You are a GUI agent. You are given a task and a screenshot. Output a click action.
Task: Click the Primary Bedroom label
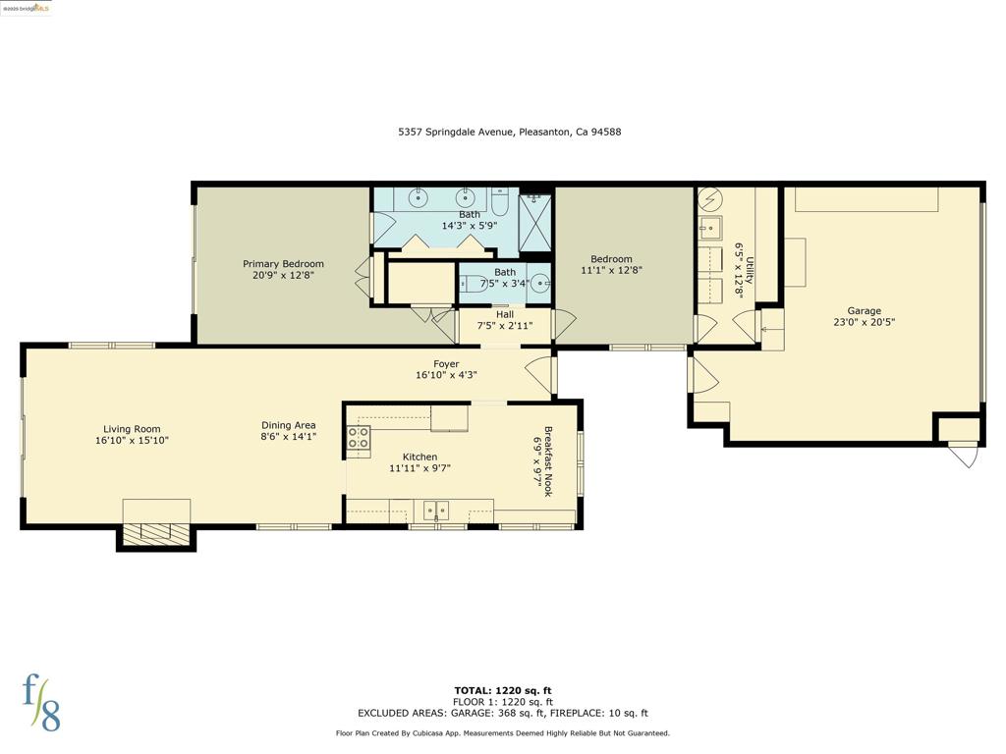(283, 263)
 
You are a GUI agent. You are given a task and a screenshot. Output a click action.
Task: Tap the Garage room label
(864, 311)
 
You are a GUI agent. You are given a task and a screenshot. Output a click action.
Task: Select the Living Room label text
(133, 429)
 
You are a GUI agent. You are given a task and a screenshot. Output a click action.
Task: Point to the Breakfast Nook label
(548, 461)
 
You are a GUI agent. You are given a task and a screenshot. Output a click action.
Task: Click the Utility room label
(750, 270)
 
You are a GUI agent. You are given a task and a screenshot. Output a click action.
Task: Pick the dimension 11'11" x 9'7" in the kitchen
(419, 468)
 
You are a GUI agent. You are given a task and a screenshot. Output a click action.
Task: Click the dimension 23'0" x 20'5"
(864, 322)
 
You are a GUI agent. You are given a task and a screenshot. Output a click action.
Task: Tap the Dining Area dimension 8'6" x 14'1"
(288, 437)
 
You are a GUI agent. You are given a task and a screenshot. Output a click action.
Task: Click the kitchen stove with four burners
(359, 440)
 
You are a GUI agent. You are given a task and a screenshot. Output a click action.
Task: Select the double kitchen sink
(435, 511)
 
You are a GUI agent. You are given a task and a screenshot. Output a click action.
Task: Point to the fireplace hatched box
(156, 534)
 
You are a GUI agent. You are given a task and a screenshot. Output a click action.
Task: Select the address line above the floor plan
(510, 133)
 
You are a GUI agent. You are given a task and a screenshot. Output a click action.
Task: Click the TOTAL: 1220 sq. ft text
(503, 690)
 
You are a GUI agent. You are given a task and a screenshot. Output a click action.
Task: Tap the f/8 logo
(41, 703)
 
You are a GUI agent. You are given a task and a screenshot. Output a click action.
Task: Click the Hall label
(505, 314)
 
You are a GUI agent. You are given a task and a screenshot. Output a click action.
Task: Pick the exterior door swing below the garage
(963, 455)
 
